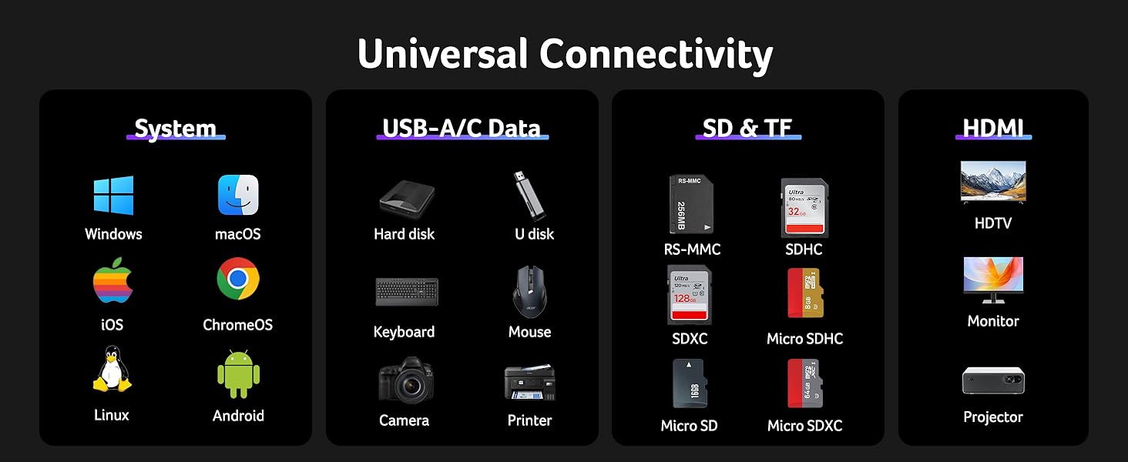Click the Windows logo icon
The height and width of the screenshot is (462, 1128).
coord(113,196)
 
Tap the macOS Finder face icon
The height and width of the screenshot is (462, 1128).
coord(238,196)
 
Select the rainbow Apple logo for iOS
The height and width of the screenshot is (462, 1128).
coord(112,285)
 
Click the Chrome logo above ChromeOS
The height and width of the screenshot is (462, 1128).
coord(238,279)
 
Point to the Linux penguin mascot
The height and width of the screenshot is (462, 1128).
coord(112,369)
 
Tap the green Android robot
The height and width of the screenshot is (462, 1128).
coord(238,375)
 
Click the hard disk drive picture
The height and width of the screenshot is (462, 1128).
coord(406,198)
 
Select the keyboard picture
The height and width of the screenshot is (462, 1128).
coord(407,292)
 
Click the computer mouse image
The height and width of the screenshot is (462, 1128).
coord(530,292)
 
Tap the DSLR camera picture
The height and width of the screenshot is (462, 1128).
coord(406,380)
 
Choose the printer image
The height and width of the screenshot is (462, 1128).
coord(530,382)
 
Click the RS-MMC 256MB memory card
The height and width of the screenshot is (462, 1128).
coord(690,206)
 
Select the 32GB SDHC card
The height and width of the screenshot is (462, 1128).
coord(805,208)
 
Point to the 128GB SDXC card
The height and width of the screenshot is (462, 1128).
coord(689,295)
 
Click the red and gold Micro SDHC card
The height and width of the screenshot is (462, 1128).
coord(804,293)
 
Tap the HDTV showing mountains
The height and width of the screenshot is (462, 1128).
coord(993,182)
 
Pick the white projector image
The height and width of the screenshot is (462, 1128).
coord(993,380)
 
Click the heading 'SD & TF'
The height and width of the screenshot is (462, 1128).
coord(747,128)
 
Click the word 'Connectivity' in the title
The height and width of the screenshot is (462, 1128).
coord(656,55)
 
